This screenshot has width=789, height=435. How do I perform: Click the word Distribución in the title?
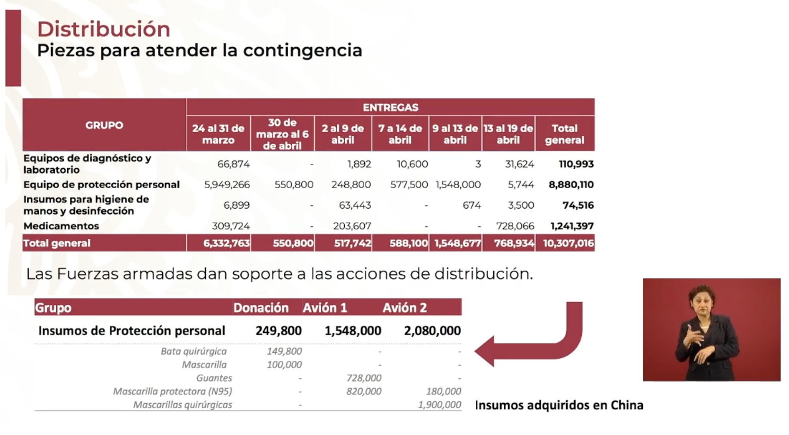[104, 29]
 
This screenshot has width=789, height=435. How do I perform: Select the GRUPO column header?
[104, 125]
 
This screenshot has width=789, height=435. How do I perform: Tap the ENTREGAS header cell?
[390, 107]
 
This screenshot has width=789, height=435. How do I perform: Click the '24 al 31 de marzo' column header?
[218, 134]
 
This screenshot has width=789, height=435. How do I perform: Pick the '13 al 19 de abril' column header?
[508, 134]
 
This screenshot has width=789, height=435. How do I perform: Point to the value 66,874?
[233, 164]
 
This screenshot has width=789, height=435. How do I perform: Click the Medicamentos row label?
[61, 226]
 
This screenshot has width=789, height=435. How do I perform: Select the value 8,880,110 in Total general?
[571, 185]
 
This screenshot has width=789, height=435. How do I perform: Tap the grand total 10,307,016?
[568, 244]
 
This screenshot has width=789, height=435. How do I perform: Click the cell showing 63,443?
[355, 205]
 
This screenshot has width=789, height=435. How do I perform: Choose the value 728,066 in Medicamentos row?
[515, 226]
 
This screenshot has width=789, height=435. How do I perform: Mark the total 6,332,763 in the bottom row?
[226, 244]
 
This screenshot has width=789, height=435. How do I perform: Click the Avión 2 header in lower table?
[404, 308]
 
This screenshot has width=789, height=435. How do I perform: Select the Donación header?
[261, 308]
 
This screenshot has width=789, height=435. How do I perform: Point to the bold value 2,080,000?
[432, 331]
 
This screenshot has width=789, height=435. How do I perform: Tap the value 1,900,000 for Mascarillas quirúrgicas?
[439, 405]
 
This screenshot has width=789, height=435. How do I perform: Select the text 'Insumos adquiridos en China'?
[559, 405]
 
